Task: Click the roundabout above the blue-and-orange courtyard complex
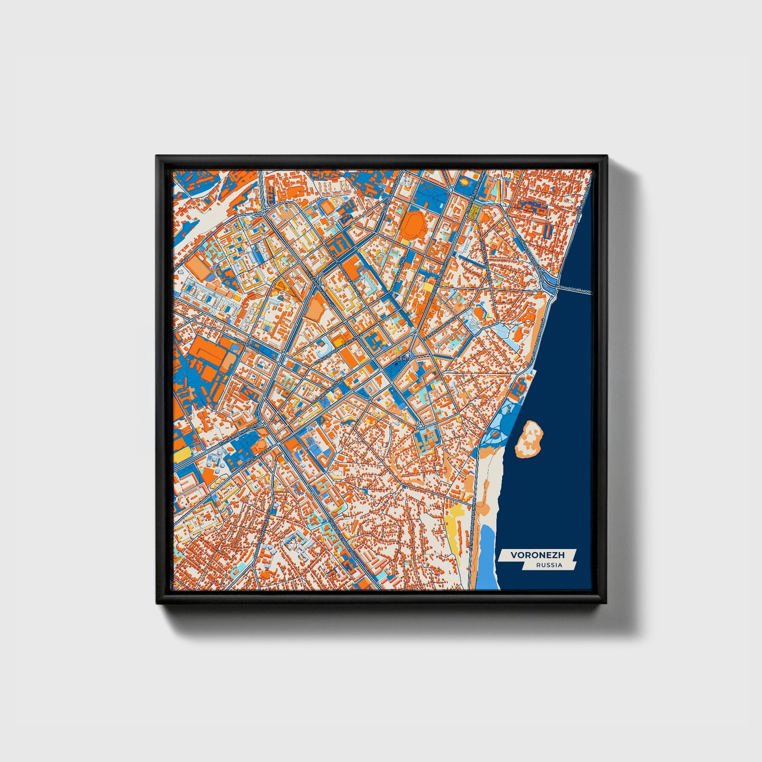coord(421,425)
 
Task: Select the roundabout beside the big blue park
coord(452,189)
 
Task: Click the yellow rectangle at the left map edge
coord(181,453)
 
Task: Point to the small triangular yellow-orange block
coord(280,285)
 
